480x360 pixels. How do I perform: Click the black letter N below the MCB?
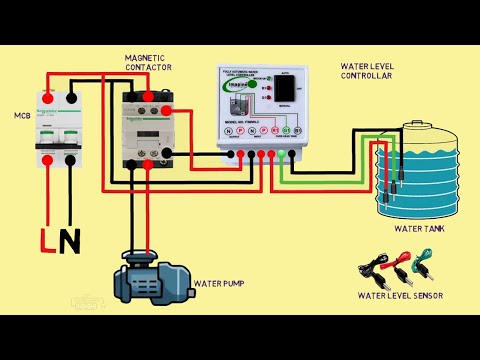(70, 241)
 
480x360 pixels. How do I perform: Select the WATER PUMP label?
(222, 284)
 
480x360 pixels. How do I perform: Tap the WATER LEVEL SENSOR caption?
(399, 296)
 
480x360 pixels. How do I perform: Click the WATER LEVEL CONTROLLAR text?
(372, 71)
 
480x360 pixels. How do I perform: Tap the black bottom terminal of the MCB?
(69, 158)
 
